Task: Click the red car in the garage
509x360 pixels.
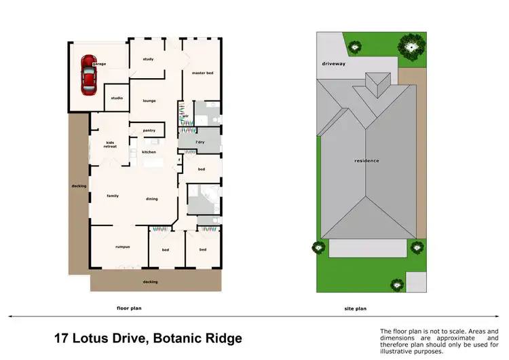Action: point(88,75)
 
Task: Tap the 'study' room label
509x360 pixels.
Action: point(148,59)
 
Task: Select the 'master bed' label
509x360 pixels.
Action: point(202,73)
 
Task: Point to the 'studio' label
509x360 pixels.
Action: point(117,98)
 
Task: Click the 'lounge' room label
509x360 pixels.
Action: point(149,101)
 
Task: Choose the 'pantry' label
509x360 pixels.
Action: point(149,130)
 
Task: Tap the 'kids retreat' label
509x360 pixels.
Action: point(110,145)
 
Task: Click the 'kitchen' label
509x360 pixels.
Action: point(149,151)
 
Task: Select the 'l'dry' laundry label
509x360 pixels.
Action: point(200,142)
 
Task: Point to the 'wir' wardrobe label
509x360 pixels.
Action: point(185,115)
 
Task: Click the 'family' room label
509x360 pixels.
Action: point(113,196)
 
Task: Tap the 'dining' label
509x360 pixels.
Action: point(152,198)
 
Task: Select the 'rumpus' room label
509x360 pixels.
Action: point(122,247)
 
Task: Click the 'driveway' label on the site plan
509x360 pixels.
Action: point(334,64)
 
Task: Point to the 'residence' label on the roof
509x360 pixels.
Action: point(366,160)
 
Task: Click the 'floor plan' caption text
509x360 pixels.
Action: point(129,308)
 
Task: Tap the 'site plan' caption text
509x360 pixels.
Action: point(355,308)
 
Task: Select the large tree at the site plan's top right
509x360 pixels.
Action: point(409,46)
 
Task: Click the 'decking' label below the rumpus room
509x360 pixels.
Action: point(150,281)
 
